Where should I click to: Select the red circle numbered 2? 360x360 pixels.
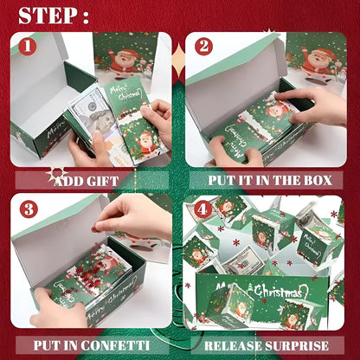click(x=203, y=47)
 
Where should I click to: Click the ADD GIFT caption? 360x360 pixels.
click(x=87, y=181)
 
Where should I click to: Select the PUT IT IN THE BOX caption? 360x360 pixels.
click(x=269, y=181)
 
